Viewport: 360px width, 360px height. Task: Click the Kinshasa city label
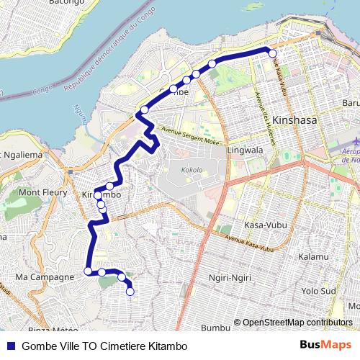pos(296,120)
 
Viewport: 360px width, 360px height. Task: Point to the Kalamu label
pos(312,257)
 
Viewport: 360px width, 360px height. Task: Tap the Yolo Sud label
pos(319,292)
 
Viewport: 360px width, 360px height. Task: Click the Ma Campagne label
pos(44,276)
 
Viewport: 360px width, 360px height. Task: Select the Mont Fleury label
pos(39,193)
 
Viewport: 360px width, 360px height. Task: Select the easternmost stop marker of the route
pos(272,53)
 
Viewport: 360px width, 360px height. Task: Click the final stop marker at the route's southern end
pos(130,291)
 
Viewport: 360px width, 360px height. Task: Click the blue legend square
pos(11,346)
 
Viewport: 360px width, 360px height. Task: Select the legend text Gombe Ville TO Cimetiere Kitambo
pos(104,346)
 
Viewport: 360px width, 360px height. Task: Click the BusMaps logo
pos(325,345)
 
